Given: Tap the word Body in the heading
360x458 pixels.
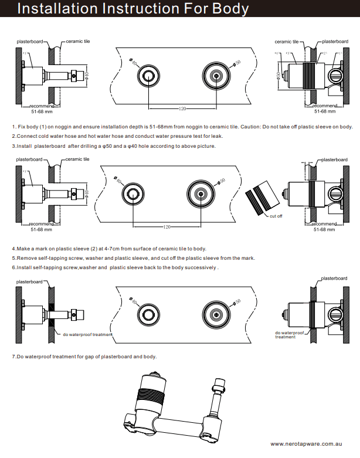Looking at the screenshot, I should (x=229, y=9).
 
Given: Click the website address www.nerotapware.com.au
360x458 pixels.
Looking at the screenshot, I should (x=310, y=444).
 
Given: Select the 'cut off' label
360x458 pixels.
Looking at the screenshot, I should (x=276, y=216).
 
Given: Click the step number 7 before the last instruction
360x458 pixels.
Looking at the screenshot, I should (x=13, y=357).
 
